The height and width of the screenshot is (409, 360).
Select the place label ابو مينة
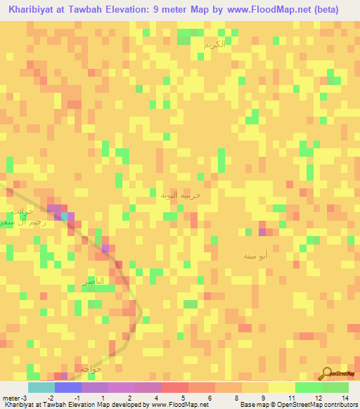(x=254, y=256)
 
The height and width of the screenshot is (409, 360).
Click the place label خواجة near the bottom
(x=92, y=368)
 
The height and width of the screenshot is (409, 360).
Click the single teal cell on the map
(x=65, y=216)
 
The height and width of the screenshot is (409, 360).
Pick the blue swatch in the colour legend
(x=67, y=387)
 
